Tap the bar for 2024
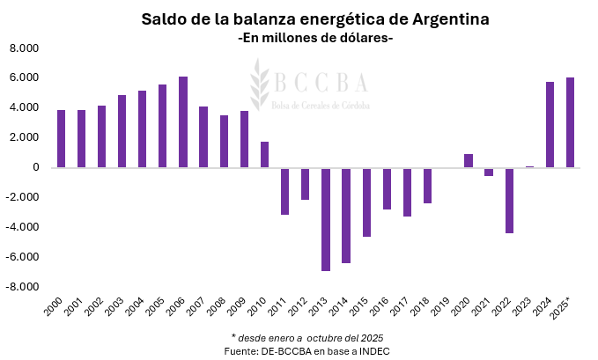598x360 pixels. (550, 124)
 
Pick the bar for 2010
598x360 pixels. (264, 154)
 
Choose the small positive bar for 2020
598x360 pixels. (469, 160)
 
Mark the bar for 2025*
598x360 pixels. (570, 122)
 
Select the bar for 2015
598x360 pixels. (366, 202)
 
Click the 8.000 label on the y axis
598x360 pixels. (25, 48)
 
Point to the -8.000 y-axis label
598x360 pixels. (23, 287)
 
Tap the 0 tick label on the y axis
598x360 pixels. (36, 167)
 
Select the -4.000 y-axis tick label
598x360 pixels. (23, 227)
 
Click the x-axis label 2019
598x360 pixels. (442, 307)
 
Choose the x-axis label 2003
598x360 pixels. (116, 307)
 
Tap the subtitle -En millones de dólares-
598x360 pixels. (315, 40)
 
